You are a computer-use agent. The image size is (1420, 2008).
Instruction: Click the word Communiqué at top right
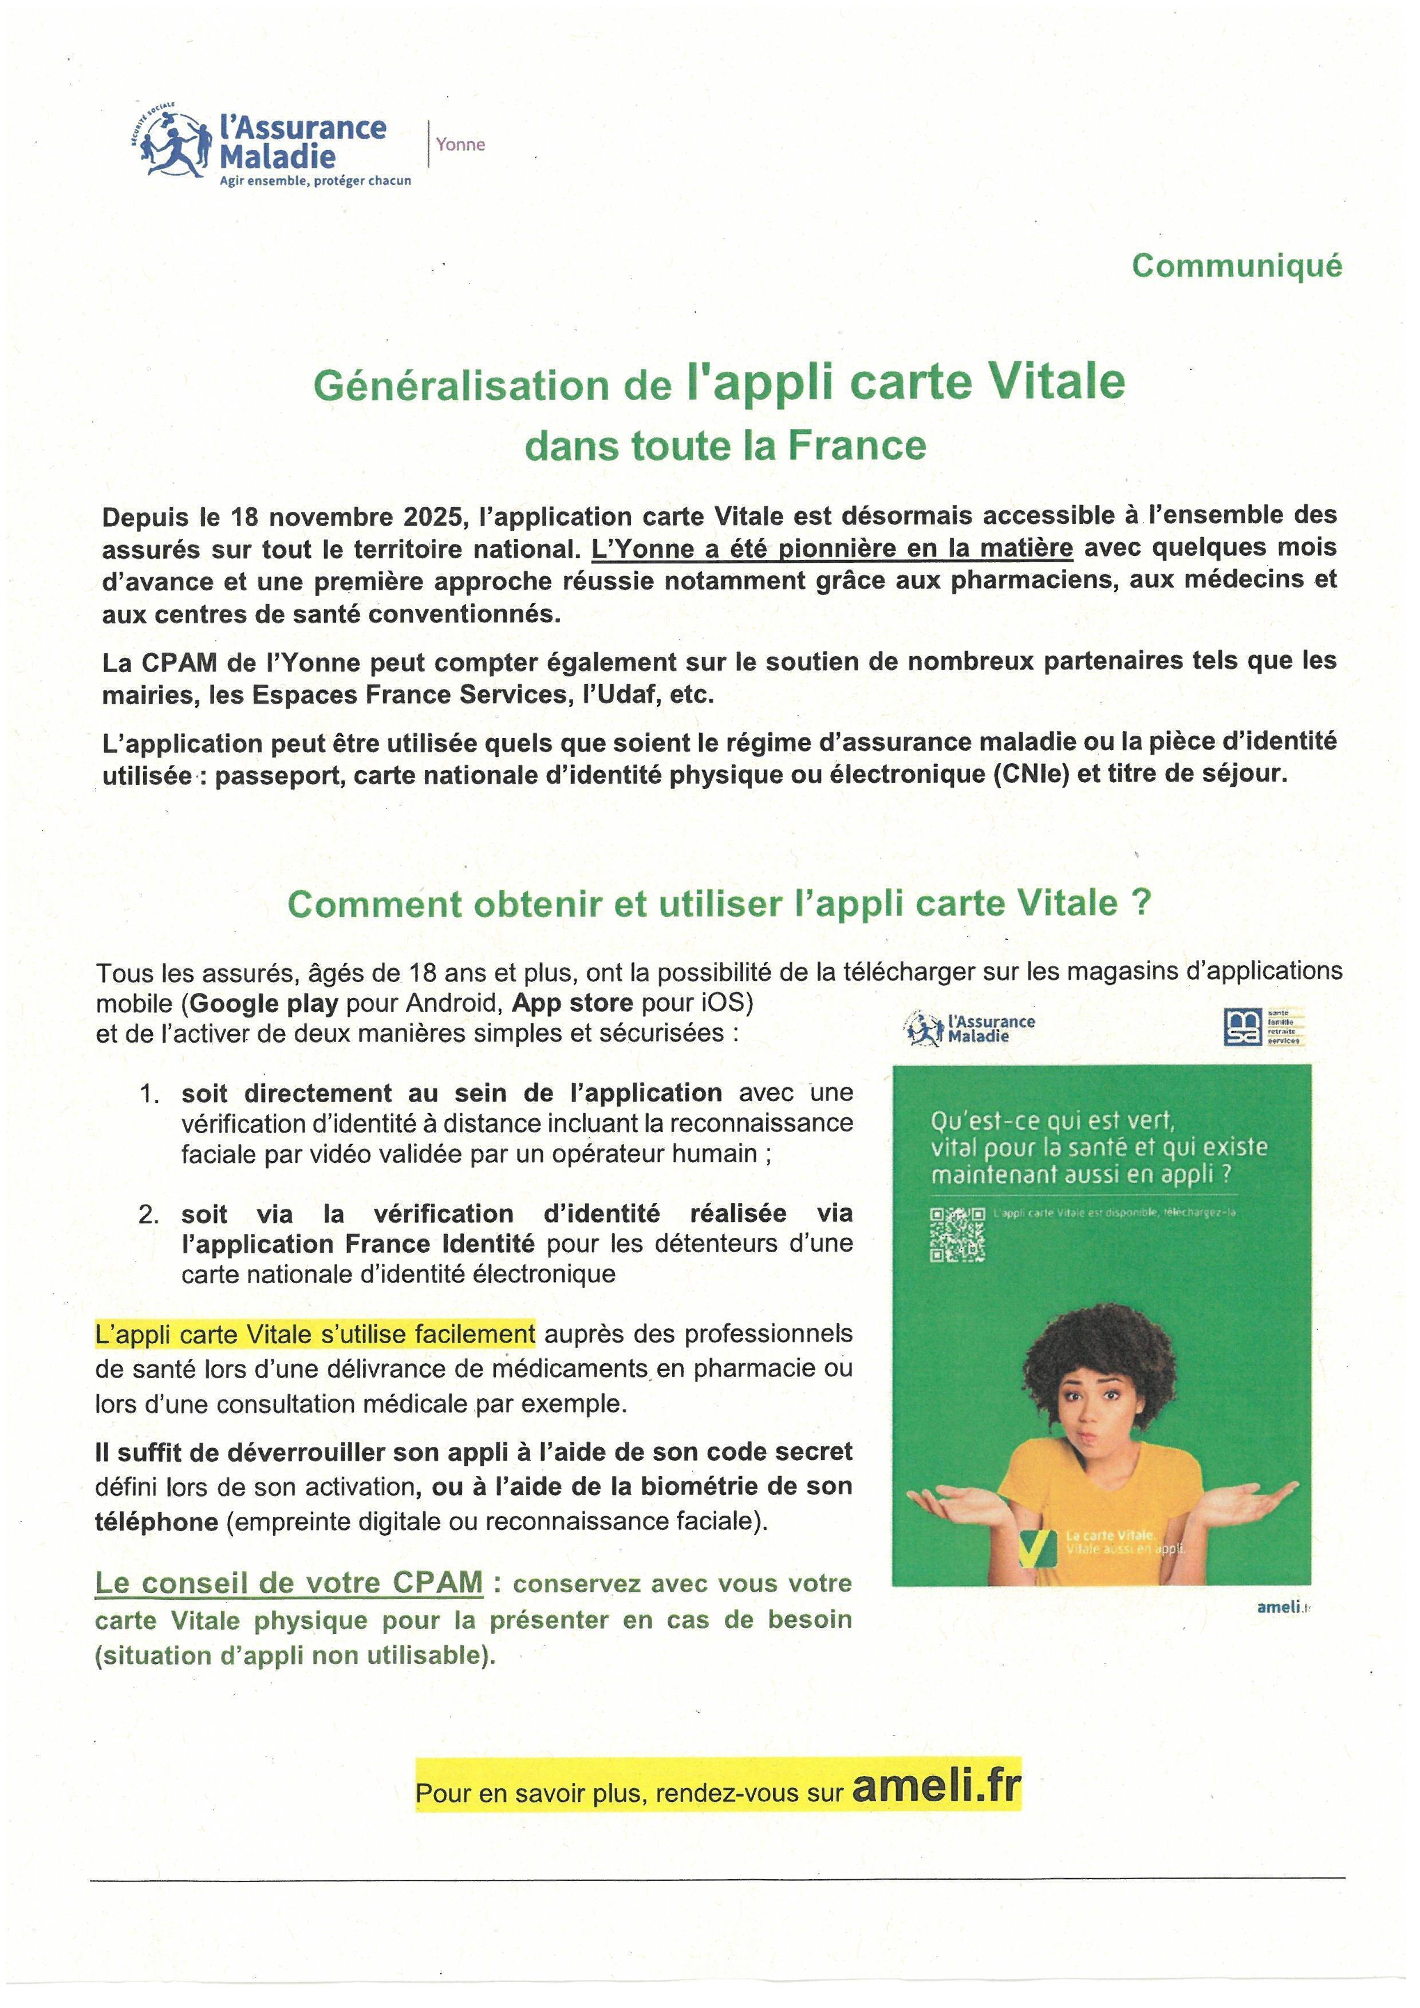coord(1236,266)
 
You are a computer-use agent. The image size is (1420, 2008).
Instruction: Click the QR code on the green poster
coord(957,1235)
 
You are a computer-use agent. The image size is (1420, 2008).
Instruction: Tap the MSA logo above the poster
coord(1242,1027)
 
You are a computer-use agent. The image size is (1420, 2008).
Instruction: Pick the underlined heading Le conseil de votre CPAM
coord(289,1583)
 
